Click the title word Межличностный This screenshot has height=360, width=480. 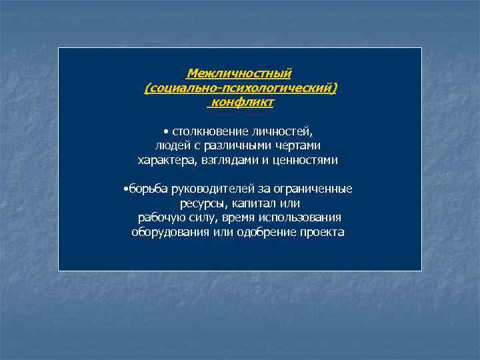click(x=239, y=73)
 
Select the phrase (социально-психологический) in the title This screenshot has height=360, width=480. click(x=241, y=88)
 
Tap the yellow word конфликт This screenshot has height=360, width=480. click(x=242, y=103)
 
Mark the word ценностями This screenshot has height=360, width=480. click(x=306, y=161)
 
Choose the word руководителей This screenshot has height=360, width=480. click(x=209, y=189)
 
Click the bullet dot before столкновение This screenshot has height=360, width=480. click(x=164, y=131)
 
